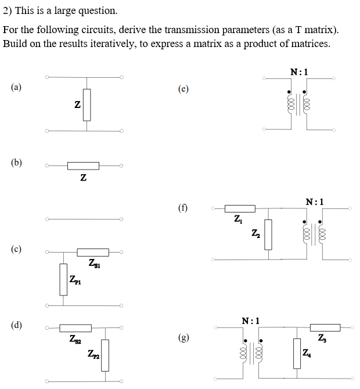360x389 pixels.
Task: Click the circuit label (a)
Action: pyautogui.click(x=16, y=88)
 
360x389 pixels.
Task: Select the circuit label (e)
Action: pyautogui.click(x=183, y=89)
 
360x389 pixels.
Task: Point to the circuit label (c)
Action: pyautogui.click(x=16, y=249)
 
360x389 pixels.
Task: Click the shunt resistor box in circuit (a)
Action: pyautogui.click(x=87, y=105)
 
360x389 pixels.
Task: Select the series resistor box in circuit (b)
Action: pyautogui.click(x=83, y=166)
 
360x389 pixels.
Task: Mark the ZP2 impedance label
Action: pyautogui.click(x=94, y=354)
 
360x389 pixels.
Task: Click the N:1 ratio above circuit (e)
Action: pyautogui.click(x=298, y=72)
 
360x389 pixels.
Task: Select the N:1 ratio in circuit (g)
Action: pyautogui.click(x=251, y=320)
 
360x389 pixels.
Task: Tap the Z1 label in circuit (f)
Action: pyautogui.click(x=238, y=219)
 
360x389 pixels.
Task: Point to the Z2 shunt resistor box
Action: pyautogui.click(x=268, y=234)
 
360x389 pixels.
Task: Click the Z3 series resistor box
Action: pyautogui.click(x=325, y=327)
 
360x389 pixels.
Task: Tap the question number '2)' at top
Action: pyautogui.click(x=8, y=10)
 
